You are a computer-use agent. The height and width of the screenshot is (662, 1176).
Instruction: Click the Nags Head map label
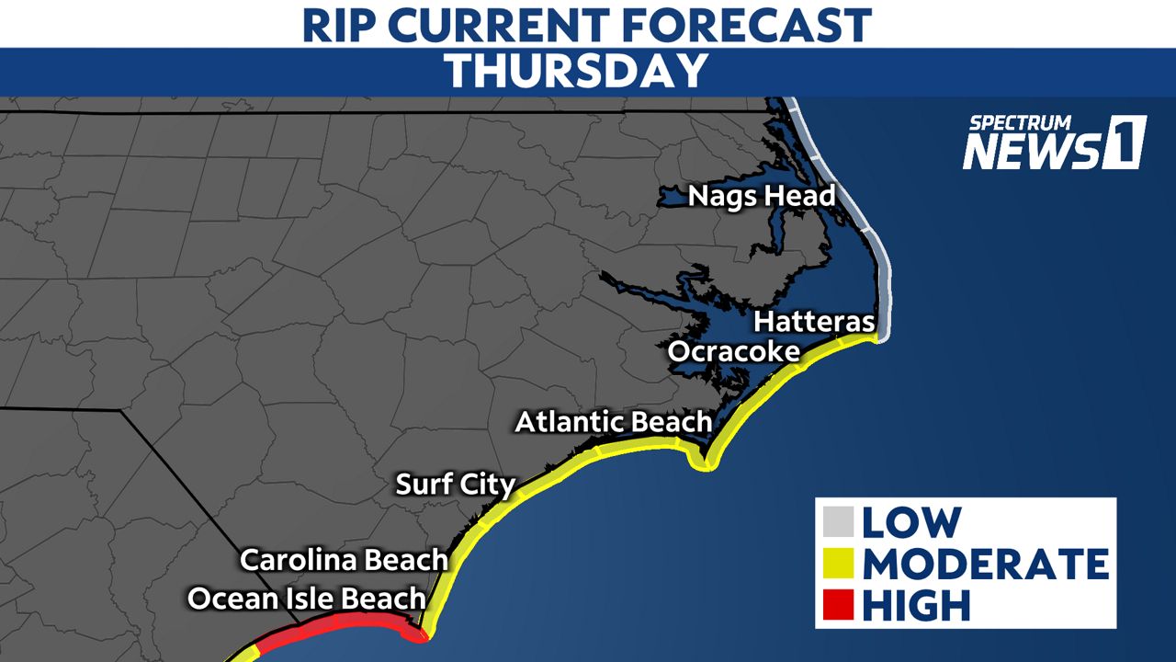[762, 196]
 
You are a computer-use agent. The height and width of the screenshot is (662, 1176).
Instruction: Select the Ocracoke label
[733, 351]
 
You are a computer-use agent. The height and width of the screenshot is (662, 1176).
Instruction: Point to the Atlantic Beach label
[613, 422]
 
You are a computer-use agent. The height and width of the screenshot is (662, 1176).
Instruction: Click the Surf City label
[455, 484]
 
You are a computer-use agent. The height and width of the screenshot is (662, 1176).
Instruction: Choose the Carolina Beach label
[344, 559]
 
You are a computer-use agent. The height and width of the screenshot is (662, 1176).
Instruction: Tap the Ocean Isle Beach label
[307, 599]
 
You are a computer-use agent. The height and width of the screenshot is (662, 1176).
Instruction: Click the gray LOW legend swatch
[840, 522]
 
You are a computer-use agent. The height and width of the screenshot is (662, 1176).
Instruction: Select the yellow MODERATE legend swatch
[840, 564]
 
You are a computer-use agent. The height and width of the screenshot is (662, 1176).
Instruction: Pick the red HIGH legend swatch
[840, 605]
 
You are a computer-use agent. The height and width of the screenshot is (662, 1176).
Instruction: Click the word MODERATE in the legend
[985, 564]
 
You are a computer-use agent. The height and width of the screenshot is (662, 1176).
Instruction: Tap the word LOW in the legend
[911, 522]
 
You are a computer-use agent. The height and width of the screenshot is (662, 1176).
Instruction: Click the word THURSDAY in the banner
[577, 71]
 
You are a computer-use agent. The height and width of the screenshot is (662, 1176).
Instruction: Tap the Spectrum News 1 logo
[1053, 143]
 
